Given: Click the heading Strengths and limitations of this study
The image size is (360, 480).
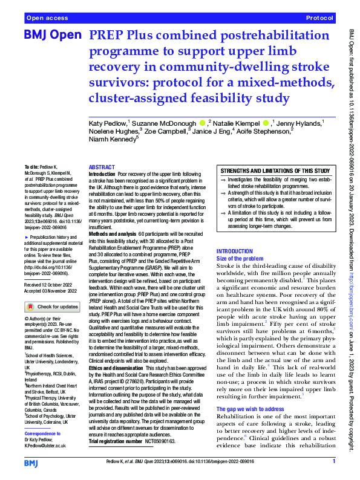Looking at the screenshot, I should point(275,171).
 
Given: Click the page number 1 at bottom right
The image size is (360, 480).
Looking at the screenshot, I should point(333,461).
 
